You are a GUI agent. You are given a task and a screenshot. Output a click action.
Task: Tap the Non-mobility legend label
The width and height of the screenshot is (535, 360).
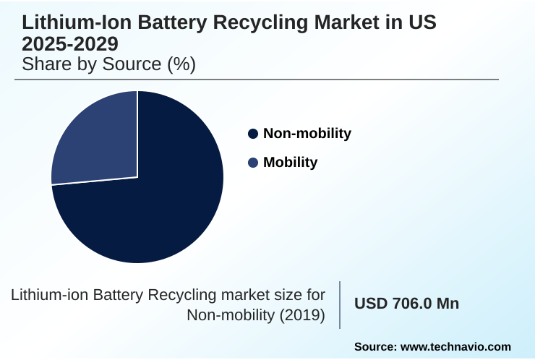click(x=307, y=133)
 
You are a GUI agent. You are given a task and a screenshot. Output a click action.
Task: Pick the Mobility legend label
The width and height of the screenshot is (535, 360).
click(x=290, y=162)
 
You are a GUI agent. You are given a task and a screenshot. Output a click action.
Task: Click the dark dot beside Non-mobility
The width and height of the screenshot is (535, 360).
click(x=253, y=134)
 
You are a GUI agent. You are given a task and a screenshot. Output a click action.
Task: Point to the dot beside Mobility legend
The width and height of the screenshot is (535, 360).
click(x=253, y=163)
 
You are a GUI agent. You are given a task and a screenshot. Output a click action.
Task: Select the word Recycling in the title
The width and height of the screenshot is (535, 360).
click(x=239, y=22)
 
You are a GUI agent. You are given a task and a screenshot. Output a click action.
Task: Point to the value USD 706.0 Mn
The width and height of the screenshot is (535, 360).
click(x=406, y=304)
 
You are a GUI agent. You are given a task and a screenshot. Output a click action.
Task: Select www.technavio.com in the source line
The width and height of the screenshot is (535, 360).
click(x=455, y=347)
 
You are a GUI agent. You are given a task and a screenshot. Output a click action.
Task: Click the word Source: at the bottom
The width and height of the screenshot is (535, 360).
click(x=374, y=347)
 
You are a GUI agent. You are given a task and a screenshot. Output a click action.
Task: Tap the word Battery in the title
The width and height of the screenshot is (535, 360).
click(x=158, y=22)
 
